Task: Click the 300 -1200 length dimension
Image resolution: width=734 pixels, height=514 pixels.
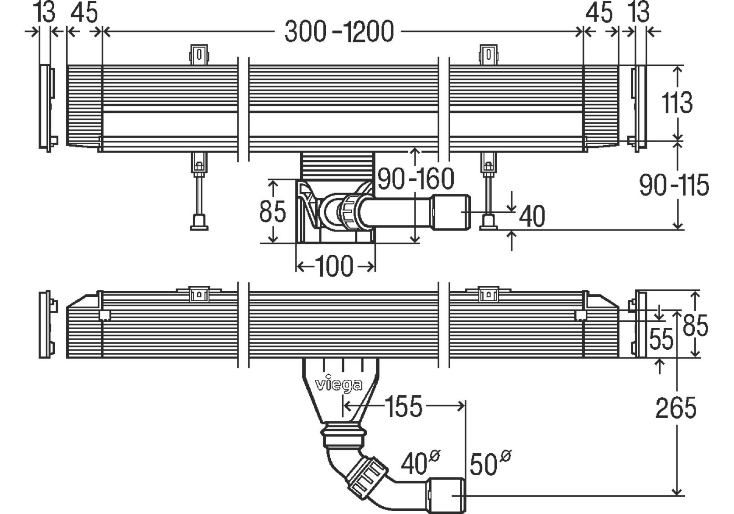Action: click(339, 31)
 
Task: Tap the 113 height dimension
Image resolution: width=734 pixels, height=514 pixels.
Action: click(677, 103)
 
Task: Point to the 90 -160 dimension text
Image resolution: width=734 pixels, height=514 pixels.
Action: click(416, 178)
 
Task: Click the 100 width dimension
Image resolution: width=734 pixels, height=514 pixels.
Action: click(334, 266)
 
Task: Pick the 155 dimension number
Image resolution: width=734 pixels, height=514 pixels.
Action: click(405, 406)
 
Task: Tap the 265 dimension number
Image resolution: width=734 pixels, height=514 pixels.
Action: click(676, 408)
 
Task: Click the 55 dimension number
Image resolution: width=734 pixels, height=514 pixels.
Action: click(661, 339)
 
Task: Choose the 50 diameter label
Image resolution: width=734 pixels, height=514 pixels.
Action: click(490, 463)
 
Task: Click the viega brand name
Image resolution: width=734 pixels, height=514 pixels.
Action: click(339, 384)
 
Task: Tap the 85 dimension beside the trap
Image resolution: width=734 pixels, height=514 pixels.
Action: click(273, 211)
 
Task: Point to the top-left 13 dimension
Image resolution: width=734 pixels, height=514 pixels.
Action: click(44, 12)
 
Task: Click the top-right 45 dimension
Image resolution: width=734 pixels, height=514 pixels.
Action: click(599, 12)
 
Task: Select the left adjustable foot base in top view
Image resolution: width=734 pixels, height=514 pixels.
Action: click(199, 222)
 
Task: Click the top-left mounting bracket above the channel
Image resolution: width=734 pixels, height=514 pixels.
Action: click(199, 54)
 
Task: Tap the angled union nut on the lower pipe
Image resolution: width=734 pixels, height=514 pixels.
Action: click(367, 477)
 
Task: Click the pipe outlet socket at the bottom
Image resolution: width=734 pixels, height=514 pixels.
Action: click(446, 496)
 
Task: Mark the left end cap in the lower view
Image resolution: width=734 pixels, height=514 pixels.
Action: click(48, 324)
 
